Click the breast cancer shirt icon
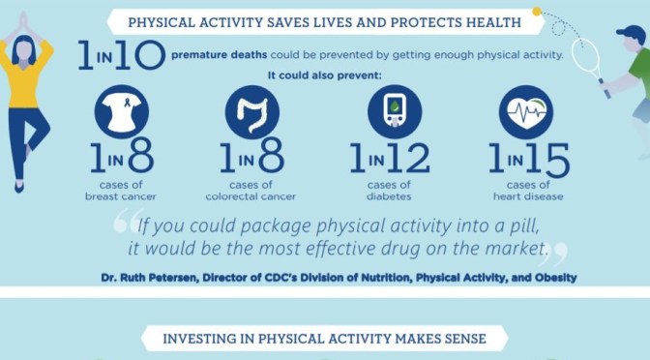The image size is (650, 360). point(122,114)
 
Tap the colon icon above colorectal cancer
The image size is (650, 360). point(252,114)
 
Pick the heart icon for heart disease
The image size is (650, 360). point(525,114)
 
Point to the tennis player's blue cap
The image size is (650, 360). point(632,34)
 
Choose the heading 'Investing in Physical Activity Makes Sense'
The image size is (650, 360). point(324,339)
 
